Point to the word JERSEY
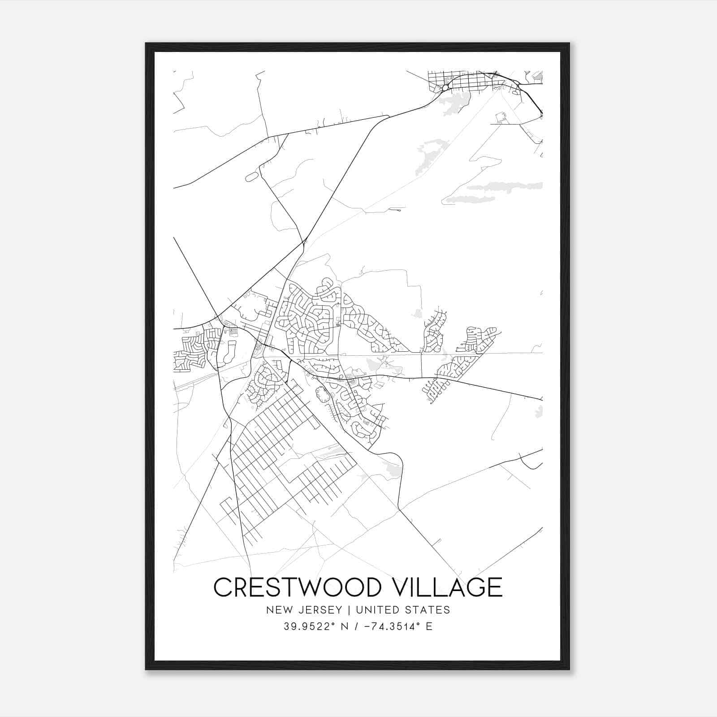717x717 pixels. (315, 610)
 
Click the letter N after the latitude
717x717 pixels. (345, 626)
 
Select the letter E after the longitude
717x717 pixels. (429, 626)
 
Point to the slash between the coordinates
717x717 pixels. (356, 626)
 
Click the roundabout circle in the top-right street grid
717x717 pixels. (445, 88)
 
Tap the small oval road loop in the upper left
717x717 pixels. (252, 177)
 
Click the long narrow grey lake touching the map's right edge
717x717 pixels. (493, 188)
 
